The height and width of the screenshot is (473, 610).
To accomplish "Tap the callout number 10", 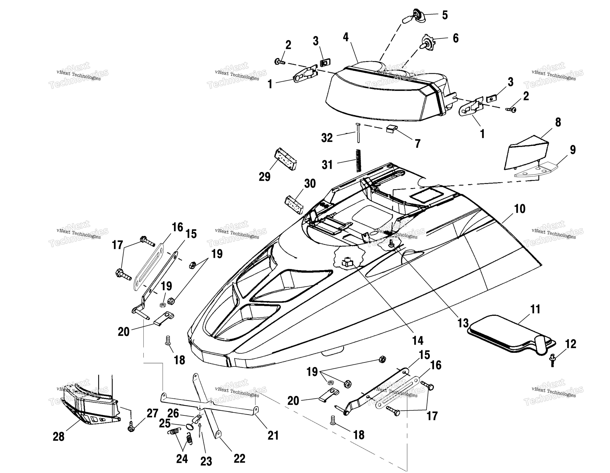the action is [x=520, y=209].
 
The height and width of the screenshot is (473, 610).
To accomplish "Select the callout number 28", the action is [x=59, y=437].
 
